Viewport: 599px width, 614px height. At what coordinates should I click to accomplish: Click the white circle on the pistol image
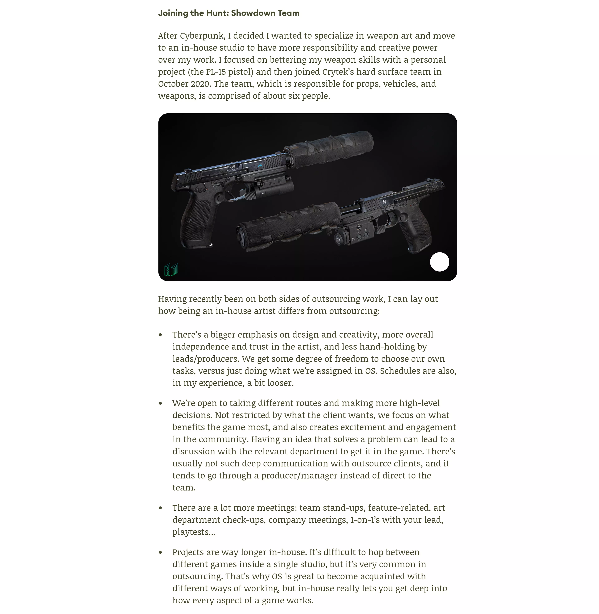point(439,262)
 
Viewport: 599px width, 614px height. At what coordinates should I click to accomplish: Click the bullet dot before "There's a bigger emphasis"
point(161,335)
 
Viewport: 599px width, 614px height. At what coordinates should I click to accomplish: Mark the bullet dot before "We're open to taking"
point(161,403)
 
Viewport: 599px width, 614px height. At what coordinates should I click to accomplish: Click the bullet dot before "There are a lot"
point(161,508)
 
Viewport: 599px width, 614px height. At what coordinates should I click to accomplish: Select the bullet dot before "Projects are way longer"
point(161,552)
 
